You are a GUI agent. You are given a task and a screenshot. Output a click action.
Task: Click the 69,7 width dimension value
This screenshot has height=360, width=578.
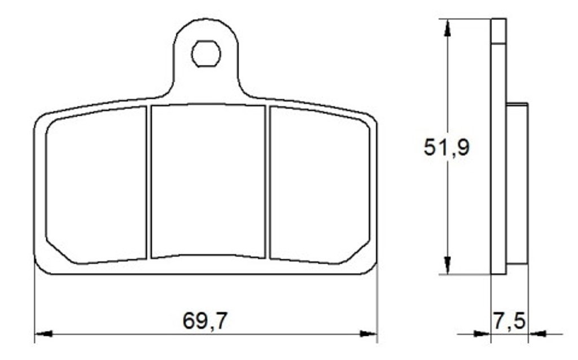coord(205,321)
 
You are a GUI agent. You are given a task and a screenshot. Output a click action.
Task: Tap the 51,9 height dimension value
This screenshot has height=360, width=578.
coord(446,147)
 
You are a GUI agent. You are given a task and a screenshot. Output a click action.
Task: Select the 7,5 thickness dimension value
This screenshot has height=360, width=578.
coord(509,321)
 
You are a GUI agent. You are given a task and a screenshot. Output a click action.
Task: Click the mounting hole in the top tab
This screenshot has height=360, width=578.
coord(206,54)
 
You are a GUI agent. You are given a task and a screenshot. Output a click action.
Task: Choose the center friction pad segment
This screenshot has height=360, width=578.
coord(208,181)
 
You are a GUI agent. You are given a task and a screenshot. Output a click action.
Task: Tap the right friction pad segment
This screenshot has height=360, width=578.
coord(319,185)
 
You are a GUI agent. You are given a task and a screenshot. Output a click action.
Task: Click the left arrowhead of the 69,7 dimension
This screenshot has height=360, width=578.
coord(43,334)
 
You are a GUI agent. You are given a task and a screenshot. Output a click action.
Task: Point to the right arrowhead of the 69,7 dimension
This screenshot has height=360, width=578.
coord(368,334)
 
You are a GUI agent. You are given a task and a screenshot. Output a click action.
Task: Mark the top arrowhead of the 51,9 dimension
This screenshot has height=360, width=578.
coord(447,28)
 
